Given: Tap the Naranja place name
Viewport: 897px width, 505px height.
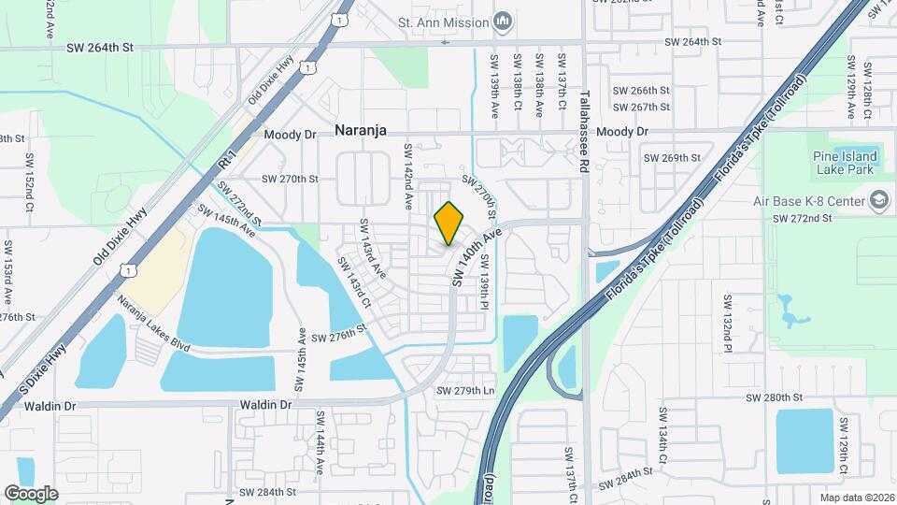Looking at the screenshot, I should [x=361, y=133].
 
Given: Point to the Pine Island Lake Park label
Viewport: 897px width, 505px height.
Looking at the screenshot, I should [x=843, y=163].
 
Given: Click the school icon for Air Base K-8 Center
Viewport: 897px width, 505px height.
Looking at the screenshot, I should [x=878, y=200].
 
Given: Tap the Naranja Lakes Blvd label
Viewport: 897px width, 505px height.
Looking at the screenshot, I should [x=153, y=323].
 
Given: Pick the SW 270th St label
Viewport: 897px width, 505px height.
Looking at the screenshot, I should [x=290, y=179].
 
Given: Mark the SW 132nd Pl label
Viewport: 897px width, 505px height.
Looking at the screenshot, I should [x=724, y=318].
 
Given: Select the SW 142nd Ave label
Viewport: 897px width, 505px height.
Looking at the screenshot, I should [x=408, y=176].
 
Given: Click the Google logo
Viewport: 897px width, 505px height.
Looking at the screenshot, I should [x=31, y=494].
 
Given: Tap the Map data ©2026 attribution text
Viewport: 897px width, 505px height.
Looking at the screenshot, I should [x=856, y=497].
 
